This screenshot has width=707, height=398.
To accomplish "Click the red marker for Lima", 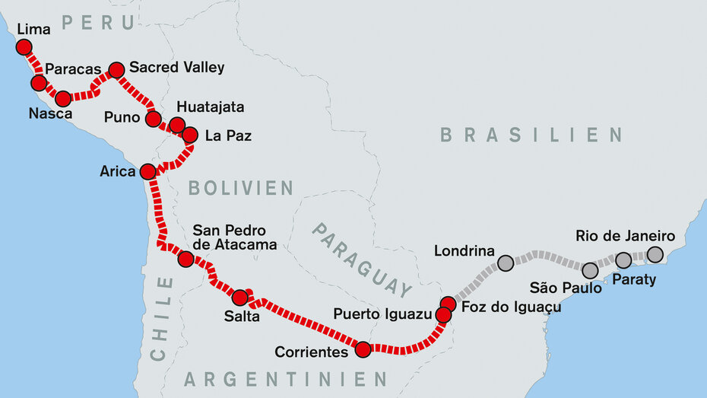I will [x=24, y=47].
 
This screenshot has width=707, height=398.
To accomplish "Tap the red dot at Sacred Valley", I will [x=116, y=70].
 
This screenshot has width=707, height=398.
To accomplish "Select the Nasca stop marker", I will [x=63, y=98].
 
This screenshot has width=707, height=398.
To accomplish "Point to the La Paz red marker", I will [x=190, y=135].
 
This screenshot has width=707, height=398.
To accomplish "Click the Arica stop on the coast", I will [x=147, y=171].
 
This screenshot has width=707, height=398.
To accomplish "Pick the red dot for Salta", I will [x=239, y=298].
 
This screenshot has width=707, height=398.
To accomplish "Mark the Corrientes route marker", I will [x=363, y=349].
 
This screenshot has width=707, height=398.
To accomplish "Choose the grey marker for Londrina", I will [x=506, y=264].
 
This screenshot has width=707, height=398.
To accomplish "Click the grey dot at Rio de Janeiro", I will [x=655, y=254].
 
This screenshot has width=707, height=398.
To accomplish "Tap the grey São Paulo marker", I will [x=590, y=270].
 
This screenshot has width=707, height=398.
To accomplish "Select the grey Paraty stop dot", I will [x=623, y=260].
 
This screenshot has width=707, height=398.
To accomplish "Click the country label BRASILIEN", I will [x=531, y=135].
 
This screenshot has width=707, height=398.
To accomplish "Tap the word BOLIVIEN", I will [x=241, y=188].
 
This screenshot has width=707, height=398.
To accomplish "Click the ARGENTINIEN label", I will [x=285, y=379].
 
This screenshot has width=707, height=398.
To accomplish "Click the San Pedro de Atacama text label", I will [x=234, y=237].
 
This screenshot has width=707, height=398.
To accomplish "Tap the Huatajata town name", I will [x=210, y=107].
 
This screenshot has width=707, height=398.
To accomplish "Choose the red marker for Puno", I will [x=154, y=119].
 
